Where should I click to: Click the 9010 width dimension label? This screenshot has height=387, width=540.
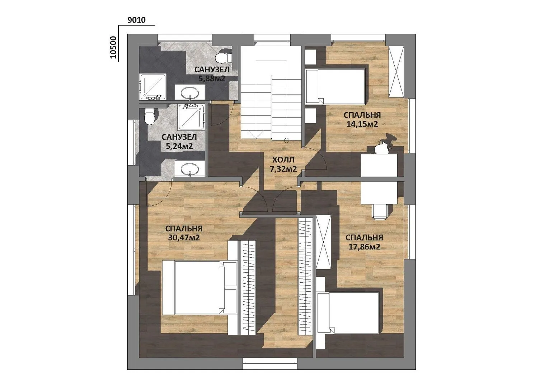pyautogui.click(x=136, y=20)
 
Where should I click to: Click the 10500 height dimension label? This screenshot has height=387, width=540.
pyautogui.click(x=113, y=47)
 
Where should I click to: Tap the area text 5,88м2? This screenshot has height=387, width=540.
pyautogui.click(x=212, y=78)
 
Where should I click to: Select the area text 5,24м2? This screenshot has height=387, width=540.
pyautogui.click(x=179, y=146)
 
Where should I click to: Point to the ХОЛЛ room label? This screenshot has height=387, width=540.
pyautogui.click(x=283, y=160)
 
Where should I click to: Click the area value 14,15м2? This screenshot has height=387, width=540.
pyautogui.click(x=362, y=124)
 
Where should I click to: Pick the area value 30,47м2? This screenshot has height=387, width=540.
pyautogui.click(x=184, y=238)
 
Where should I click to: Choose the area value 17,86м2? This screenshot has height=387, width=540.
pyautogui.click(x=364, y=247)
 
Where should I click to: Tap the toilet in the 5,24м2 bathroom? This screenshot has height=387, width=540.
pyautogui.click(x=150, y=116)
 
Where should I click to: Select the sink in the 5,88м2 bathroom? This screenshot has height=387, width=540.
pyautogui.click(x=190, y=92)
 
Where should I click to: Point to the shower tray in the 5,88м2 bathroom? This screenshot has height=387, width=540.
pyautogui.click(x=153, y=87)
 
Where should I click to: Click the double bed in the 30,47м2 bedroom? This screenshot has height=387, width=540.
pyautogui.click(x=199, y=287)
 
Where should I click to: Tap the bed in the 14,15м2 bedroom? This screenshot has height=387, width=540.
pyautogui.click(x=335, y=86)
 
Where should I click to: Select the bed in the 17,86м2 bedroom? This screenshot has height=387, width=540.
pyautogui.click(x=349, y=313)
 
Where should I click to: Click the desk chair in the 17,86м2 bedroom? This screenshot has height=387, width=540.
pyautogui.click(x=380, y=211)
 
